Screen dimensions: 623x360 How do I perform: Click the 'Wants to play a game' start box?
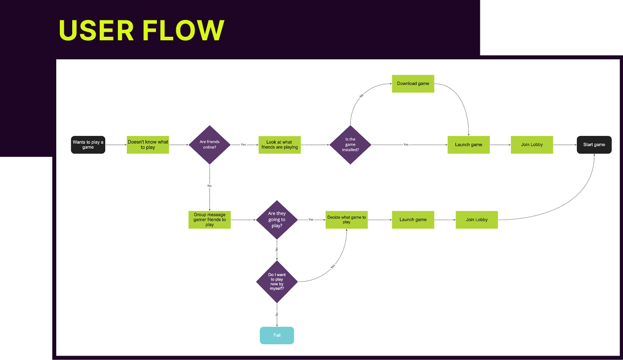88,144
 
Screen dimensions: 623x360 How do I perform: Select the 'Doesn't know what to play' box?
148,144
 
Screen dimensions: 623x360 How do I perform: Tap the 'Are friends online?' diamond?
210,144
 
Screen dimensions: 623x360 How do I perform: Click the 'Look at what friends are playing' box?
280,144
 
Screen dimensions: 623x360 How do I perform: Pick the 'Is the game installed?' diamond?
350,144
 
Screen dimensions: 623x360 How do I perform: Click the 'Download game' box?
413,83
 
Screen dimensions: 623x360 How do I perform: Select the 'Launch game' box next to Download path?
469,144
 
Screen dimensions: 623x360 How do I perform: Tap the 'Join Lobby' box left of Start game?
532,144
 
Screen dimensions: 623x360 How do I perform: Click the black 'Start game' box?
594,144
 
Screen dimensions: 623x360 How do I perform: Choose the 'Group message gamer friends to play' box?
210,220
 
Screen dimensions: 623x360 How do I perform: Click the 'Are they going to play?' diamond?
277,220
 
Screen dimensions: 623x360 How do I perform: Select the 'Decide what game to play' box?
347,220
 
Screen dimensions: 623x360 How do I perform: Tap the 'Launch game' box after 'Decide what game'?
413,220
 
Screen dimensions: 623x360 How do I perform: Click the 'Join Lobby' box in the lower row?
477,220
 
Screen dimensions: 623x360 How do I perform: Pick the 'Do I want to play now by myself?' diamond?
277,282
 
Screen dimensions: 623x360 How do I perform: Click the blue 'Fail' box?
277,335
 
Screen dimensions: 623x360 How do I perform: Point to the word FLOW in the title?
183,30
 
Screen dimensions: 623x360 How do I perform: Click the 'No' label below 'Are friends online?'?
210,186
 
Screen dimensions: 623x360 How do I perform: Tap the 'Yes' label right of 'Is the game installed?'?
406,144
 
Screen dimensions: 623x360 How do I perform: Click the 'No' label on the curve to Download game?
362,96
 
